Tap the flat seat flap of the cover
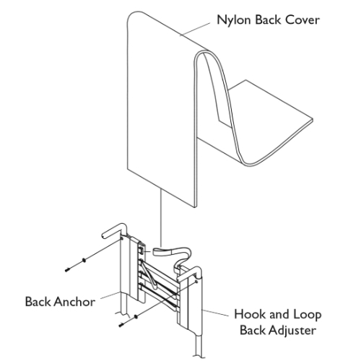(x=282, y=134)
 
